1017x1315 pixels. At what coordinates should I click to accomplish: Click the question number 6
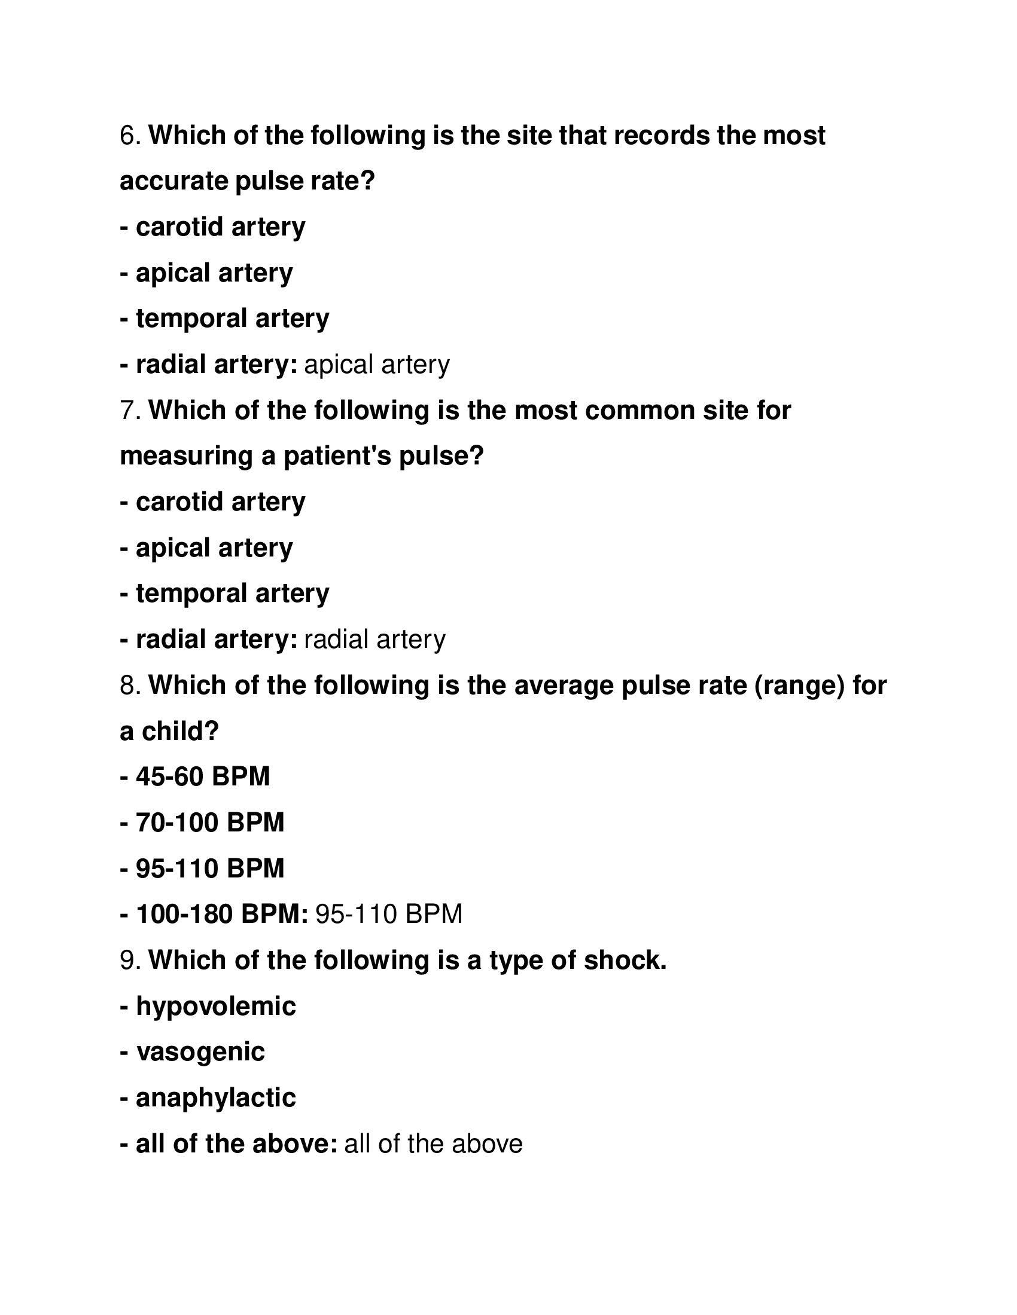point(130,136)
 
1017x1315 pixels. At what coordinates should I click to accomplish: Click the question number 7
point(130,411)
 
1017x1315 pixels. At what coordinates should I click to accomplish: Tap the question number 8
point(130,686)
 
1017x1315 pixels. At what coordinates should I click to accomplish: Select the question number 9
point(130,961)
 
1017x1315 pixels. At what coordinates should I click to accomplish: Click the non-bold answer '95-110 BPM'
point(389,915)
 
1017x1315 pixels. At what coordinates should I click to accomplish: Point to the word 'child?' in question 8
point(180,732)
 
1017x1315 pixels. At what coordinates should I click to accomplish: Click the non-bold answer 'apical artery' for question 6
point(377,365)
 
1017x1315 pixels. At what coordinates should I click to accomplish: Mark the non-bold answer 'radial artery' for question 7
point(374,640)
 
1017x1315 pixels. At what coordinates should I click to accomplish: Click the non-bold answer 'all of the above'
point(433,1144)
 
